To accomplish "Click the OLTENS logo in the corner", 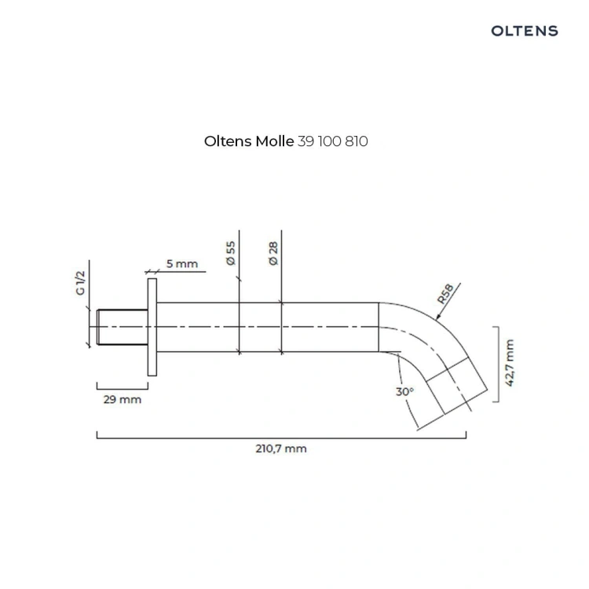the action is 525,31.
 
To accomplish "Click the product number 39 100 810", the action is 333,141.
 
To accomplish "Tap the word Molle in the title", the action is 275,141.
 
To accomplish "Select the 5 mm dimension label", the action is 182,264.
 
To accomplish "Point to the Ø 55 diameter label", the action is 231,254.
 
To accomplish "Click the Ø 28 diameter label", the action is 273,254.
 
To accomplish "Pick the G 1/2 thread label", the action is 81,283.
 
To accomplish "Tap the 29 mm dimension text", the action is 123,399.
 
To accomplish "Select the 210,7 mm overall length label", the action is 281,448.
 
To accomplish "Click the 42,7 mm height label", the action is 510,363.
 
